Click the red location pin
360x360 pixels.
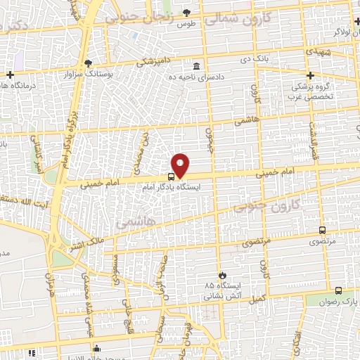tap(181, 165)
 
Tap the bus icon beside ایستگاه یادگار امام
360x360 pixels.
tap(172, 178)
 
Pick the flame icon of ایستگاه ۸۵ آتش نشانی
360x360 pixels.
tap(222, 274)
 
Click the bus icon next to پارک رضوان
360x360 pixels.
tap(338, 291)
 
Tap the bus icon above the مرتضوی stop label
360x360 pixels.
tap(322, 230)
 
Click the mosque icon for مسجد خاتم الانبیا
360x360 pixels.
tap(98, 348)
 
